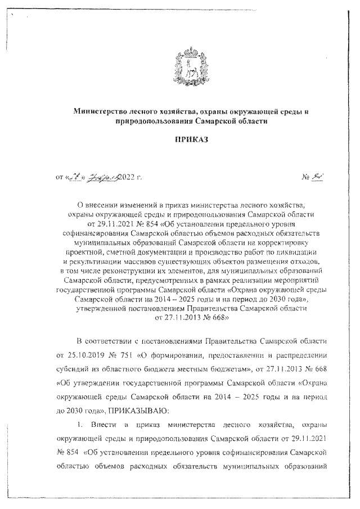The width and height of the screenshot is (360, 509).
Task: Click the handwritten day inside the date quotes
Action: point(73,178)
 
